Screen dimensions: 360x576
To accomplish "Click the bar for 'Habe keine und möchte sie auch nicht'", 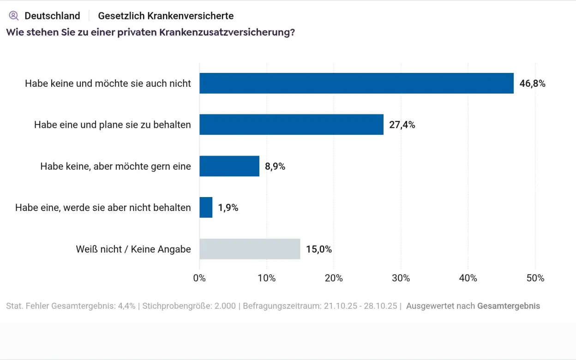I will click(356, 83).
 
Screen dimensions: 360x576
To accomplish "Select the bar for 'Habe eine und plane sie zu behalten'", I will click(291, 125).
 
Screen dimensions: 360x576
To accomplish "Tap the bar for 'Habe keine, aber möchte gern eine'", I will click(229, 166).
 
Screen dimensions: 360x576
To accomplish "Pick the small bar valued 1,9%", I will click(206, 208).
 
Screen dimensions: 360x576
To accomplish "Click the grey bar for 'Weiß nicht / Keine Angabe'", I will click(250, 249).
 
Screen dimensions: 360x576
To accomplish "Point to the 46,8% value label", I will click(532, 84).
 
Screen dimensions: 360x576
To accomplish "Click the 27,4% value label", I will click(402, 125).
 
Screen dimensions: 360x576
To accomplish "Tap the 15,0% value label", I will click(319, 250).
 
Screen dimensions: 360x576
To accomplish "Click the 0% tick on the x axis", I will click(199, 278).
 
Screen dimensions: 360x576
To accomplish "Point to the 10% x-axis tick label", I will click(266, 278).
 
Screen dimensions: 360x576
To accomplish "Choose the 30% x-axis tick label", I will click(401, 278).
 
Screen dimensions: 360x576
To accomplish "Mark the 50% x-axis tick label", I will click(535, 278).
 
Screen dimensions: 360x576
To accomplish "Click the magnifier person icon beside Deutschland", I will click(14, 16).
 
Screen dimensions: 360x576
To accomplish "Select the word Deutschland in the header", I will click(52, 16).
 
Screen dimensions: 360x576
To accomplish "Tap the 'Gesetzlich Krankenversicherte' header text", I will click(166, 16).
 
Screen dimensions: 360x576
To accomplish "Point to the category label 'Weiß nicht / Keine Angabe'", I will click(133, 249).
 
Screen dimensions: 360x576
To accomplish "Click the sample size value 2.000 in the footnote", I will click(225, 306).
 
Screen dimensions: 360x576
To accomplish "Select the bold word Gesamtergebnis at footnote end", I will click(508, 306).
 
